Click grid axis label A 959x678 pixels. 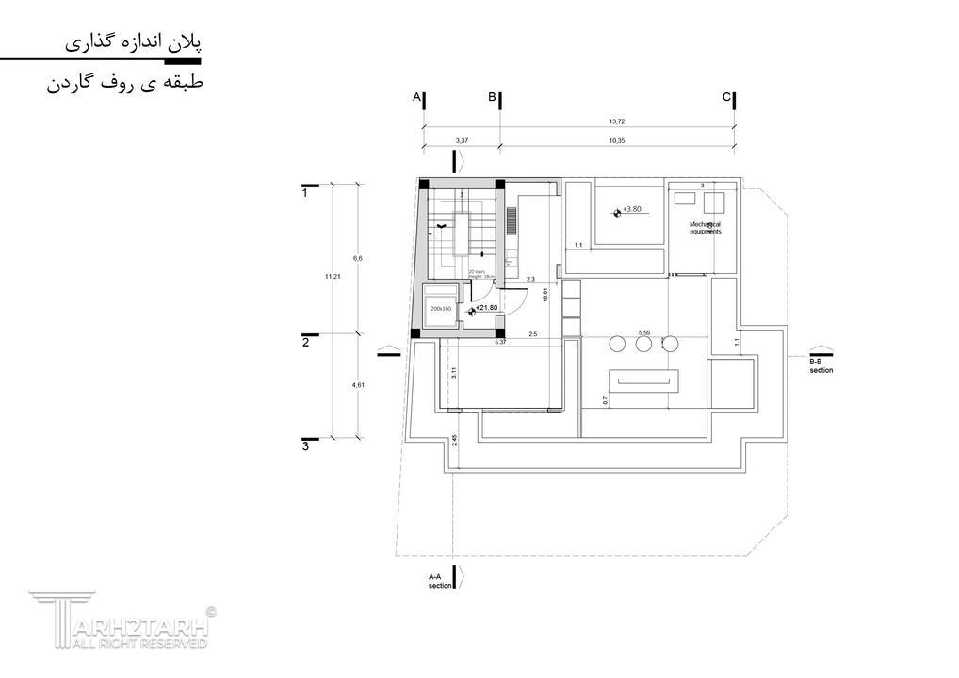[415, 97]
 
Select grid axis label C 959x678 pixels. [725, 97]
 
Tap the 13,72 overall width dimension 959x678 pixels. [617, 122]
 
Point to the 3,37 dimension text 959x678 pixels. [462, 140]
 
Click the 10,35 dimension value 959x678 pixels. [617, 140]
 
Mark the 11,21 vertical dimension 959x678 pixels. [331, 276]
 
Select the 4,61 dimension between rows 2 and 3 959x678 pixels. [357, 385]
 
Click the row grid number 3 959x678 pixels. [305, 446]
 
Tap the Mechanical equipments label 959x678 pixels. [705, 227]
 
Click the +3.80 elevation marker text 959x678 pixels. [631, 209]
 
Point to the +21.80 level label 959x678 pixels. [486, 307]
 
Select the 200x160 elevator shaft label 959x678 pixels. [441, 308]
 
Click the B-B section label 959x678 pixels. [821, 365]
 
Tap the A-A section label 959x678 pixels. [439, 580]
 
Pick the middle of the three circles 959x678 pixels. [643, 345]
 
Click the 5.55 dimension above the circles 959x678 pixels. [644, 332]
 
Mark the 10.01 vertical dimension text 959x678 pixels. [545, 294]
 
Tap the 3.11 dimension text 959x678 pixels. [454, 372]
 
